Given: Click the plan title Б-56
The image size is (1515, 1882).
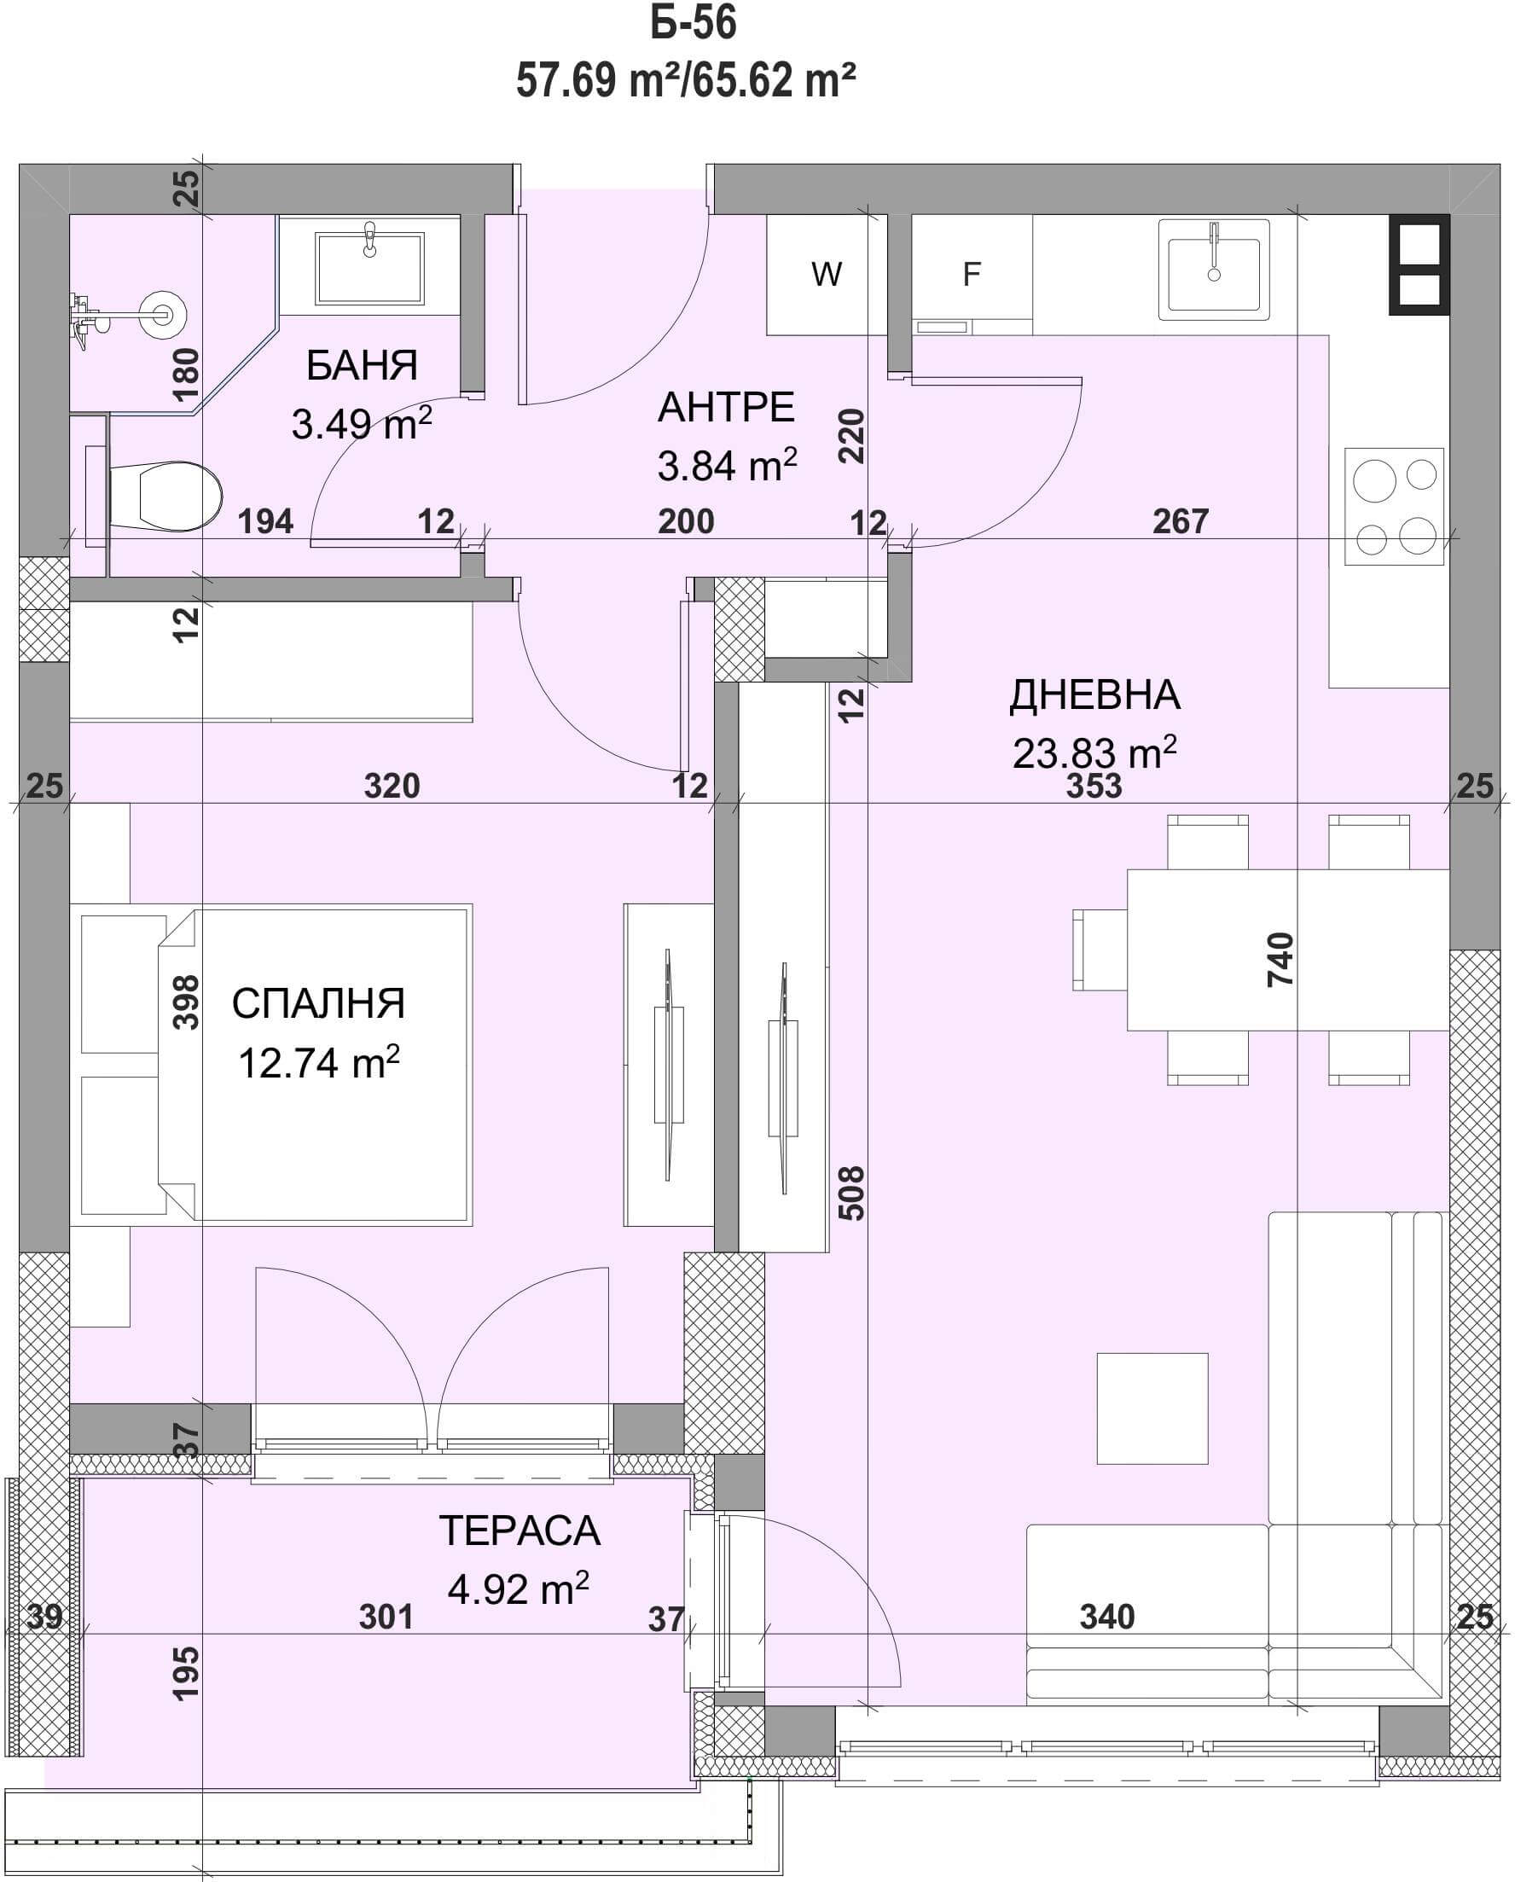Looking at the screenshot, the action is coord(693,24).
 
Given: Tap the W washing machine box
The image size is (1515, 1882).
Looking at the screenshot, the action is coord(827,274).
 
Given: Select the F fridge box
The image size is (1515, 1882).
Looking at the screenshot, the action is coord(972,274).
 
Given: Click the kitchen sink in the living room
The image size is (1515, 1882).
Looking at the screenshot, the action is coord(1214,269).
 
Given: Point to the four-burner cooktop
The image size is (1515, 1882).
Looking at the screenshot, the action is coord(1394,505).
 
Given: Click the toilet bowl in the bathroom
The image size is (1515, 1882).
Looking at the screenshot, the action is coord(165,496).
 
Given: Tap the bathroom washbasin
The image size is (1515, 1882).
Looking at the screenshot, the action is coord(369,267).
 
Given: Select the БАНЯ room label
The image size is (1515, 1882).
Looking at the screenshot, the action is coord(363,365).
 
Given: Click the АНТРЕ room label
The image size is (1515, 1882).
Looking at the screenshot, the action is coord(726,408).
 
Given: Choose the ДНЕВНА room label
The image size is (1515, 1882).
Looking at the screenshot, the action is coord(1095,695).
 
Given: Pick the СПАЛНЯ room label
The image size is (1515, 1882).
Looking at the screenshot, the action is coord(318,1004).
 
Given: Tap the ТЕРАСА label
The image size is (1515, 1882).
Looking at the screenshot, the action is coord(520,1531).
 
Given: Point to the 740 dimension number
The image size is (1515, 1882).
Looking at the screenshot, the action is coord(1280,959).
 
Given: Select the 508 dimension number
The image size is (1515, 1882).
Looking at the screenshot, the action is coord(850,1193).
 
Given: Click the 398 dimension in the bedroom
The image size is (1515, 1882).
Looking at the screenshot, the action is coord(186,1002).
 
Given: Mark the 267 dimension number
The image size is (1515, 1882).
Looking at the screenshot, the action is coord(1180,521).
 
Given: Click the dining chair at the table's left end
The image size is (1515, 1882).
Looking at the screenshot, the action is coord(1100,949).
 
